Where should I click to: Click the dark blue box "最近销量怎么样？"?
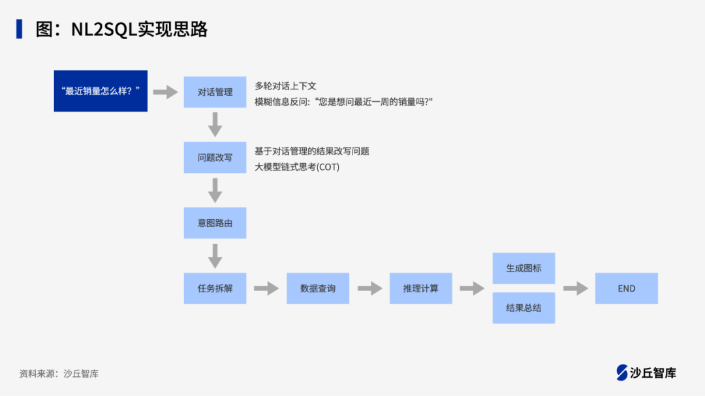click(x=101, y=91)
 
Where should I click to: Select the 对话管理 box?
click(x=215, y=92)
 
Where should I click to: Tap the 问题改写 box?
click(x=215, y=157)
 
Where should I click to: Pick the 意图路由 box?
click(x=215, y=222)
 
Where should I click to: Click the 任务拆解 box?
click(x=215, y=288)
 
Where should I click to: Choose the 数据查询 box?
click(x=318, y=288)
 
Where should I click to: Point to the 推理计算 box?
click(x=420, y=288)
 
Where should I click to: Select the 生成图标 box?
click(x=524, y=268)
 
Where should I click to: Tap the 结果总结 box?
click(x=524, y=308)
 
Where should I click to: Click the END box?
click(x=626, y=288)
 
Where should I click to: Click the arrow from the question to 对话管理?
click(x=166, y=92)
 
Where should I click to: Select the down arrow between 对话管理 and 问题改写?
click(x=215, y=124)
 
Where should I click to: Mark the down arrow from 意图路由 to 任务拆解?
click(x=215, y=256)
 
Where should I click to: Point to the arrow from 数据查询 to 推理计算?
click(x=369, y=288)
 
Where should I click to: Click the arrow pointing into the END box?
click(x=575, y=288)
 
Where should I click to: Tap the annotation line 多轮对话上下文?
click(x=285, y=86)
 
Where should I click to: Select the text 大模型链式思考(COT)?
click(x=297, y=167)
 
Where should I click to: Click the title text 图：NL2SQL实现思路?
click(x=121, y=29)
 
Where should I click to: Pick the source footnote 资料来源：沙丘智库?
click(x=59, y=374)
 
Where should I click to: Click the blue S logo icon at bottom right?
click(x=622, y=373)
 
